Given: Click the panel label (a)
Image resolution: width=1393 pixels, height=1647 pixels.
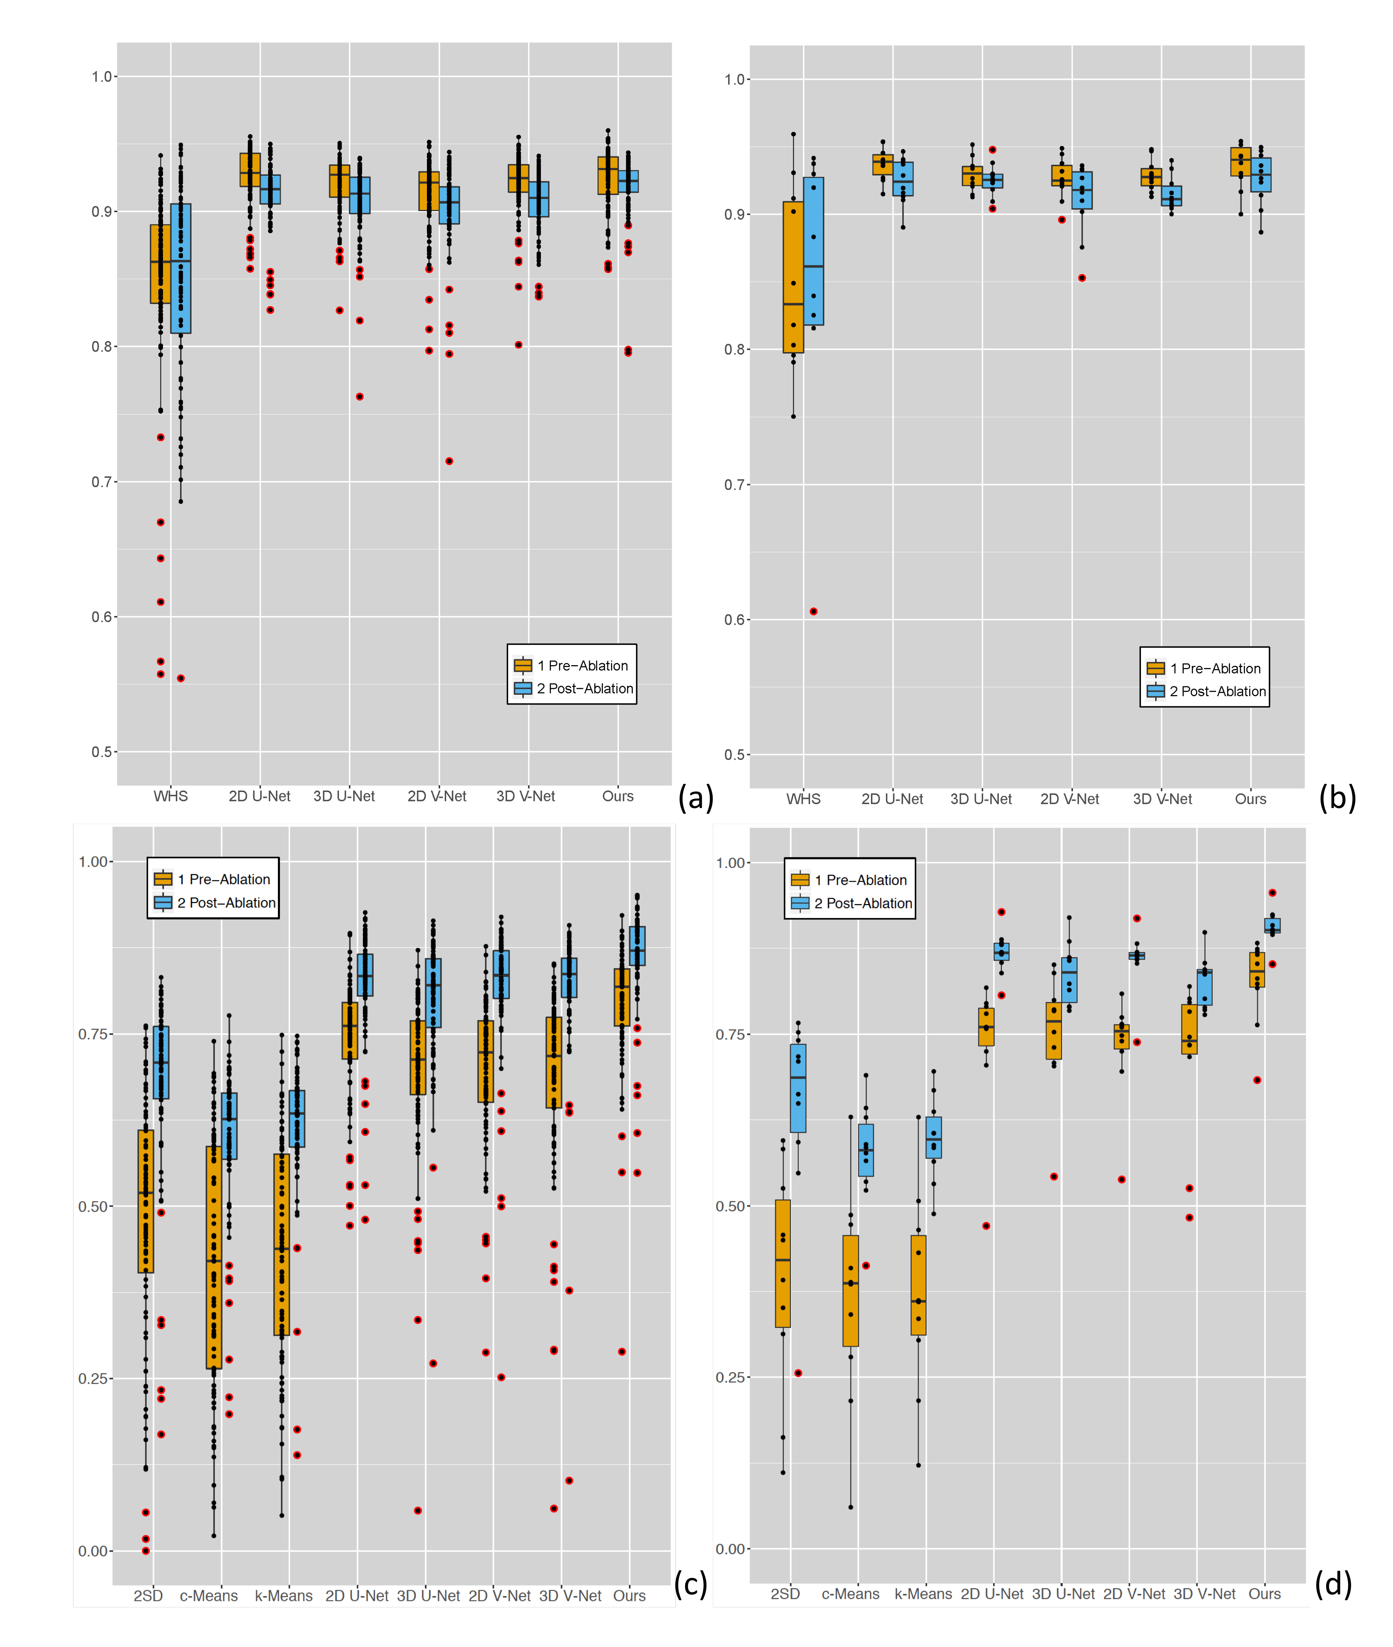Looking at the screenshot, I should point(695,798).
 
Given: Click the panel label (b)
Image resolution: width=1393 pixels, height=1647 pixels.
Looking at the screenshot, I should point(1337,798).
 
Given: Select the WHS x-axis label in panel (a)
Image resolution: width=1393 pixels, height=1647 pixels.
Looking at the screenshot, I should point(171,796).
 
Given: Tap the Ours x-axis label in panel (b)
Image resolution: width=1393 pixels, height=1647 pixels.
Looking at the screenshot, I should point(1250,799).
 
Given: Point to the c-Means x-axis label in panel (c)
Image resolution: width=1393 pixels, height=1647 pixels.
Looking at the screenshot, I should point(209,1596).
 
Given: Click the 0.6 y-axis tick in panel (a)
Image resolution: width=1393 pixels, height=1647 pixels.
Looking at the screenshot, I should point(102,617).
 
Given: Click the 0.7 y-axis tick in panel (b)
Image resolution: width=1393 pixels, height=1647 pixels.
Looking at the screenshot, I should point(734,485).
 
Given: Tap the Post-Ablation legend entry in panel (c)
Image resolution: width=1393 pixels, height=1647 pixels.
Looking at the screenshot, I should point(226,902).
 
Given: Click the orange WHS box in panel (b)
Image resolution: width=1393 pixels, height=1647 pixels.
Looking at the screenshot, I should point(793,276).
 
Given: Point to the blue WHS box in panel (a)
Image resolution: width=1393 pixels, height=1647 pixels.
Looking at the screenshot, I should point(181,269).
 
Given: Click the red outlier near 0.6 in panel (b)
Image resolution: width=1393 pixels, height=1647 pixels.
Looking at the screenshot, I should point(814,611).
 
